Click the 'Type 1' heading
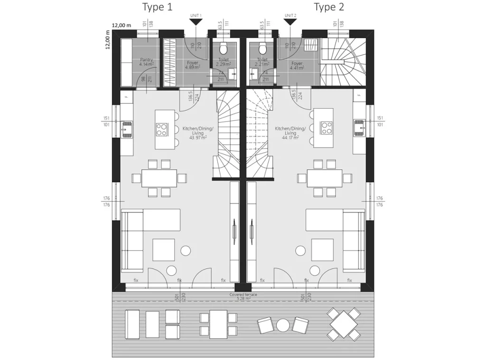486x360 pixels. coord(158,7)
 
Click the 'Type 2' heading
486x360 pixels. coord(328,7)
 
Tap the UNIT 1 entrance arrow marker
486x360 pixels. coord(196,22)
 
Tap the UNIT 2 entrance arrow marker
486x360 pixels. coord(290,22)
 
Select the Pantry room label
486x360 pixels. coord(146,62)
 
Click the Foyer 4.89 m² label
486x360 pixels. coord(193,65)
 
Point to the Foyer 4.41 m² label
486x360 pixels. coord(297,65)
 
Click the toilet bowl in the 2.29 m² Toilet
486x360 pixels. coord(223,48)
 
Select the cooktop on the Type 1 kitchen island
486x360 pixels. coord(162,129)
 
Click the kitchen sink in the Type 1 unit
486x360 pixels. coord(127,128)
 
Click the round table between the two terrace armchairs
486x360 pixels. coord(283,326)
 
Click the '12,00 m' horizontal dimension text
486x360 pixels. coord(121,26)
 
